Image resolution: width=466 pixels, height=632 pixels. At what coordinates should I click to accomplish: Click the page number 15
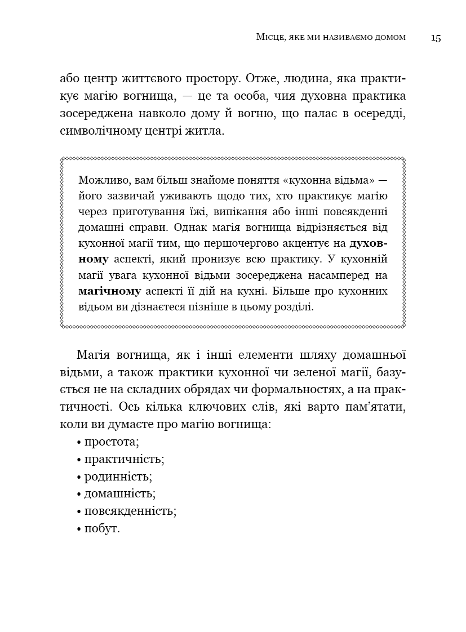[436, 38]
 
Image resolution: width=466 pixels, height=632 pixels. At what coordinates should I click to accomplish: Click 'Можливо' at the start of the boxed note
[99, 180]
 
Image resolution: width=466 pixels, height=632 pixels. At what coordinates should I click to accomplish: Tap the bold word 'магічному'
[110, 291]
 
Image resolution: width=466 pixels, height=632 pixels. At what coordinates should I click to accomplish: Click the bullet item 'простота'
[112, 441]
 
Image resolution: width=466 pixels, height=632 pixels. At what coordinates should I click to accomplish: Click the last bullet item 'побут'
[102, 529]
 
